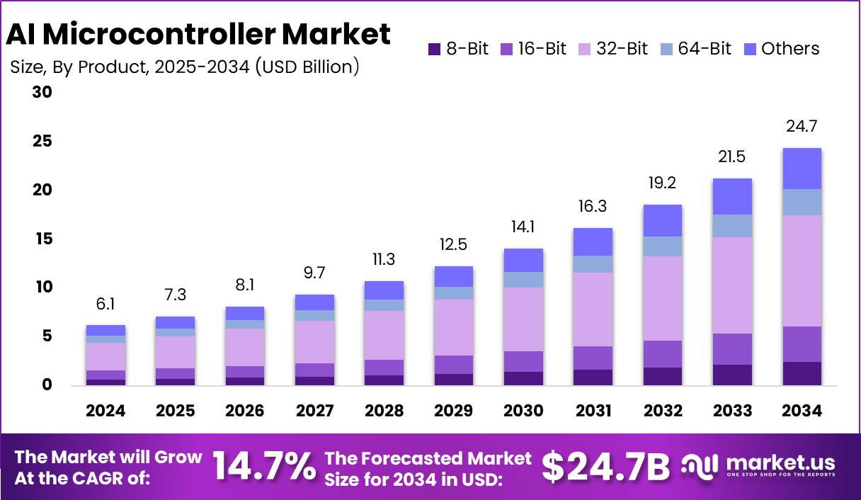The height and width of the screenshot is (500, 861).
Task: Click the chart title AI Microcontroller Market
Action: pyautogui.click(x=198, y=33)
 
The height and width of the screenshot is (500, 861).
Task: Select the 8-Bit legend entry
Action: pyautogui.click(x=458, y=49)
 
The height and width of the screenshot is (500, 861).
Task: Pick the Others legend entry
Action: pyautogui.click(x=782, y=49)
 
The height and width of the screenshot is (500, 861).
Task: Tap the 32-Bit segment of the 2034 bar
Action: pyautogui.click(x=802, y=271)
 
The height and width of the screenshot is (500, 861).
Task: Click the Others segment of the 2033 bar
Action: pyautogui.click(x=733, y=196)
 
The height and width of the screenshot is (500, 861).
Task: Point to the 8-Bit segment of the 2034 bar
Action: pyautogui.click(x=802, y=373)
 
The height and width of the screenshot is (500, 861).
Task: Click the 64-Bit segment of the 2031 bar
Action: pyautogui.click(x=593, y=264)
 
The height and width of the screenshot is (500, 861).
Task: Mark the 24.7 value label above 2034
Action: pyautogui.click(x=802, y=128)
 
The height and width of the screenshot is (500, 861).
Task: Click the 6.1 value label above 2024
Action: pyautogui.click(x=106, y=304)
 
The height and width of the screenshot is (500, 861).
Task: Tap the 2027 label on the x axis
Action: pyautogui.click(x=314, y=411)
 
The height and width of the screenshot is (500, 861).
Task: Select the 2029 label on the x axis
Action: pyautogui.click(x=454, y=411)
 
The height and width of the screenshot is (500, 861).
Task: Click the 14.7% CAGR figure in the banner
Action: pyautogui.click(x=264, y=467)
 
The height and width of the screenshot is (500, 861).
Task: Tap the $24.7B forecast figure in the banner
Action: pyautogui.click(x=605, y=467)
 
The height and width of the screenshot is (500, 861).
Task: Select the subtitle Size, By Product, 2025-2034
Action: pyautogui.click(x=184, y=67)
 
